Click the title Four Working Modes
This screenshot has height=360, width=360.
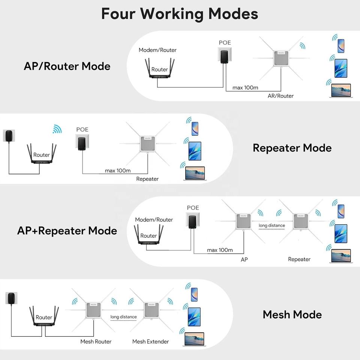click(x=180, y=14)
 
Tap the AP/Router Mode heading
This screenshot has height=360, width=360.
click(x=67, y=66)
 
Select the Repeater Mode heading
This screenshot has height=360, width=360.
click(x=292, y=148)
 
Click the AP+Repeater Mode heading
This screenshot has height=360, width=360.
click(x=67, y=230)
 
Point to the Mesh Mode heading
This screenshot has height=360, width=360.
click(x=292, y=314)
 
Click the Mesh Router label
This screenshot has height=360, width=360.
click(x=96, y=342)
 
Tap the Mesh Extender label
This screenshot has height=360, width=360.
click(x=150, y=342)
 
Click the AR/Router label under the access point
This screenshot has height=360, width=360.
click(x=280, y=96)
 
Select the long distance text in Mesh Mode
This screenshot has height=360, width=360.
click(x=123, y=317)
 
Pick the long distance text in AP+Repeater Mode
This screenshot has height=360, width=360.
click(x=272, y=226)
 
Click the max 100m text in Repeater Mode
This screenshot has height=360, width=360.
click(x=118, y=171)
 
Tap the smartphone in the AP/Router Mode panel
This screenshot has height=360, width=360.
click(x=340, y=46)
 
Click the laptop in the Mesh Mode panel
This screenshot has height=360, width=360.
click(x=194, y=339)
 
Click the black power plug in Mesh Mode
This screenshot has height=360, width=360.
click(x=12, y=299)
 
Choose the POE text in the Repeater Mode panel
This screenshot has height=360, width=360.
click(x=82, y=130)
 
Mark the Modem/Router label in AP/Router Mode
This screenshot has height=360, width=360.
click(x=157, y=50)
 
